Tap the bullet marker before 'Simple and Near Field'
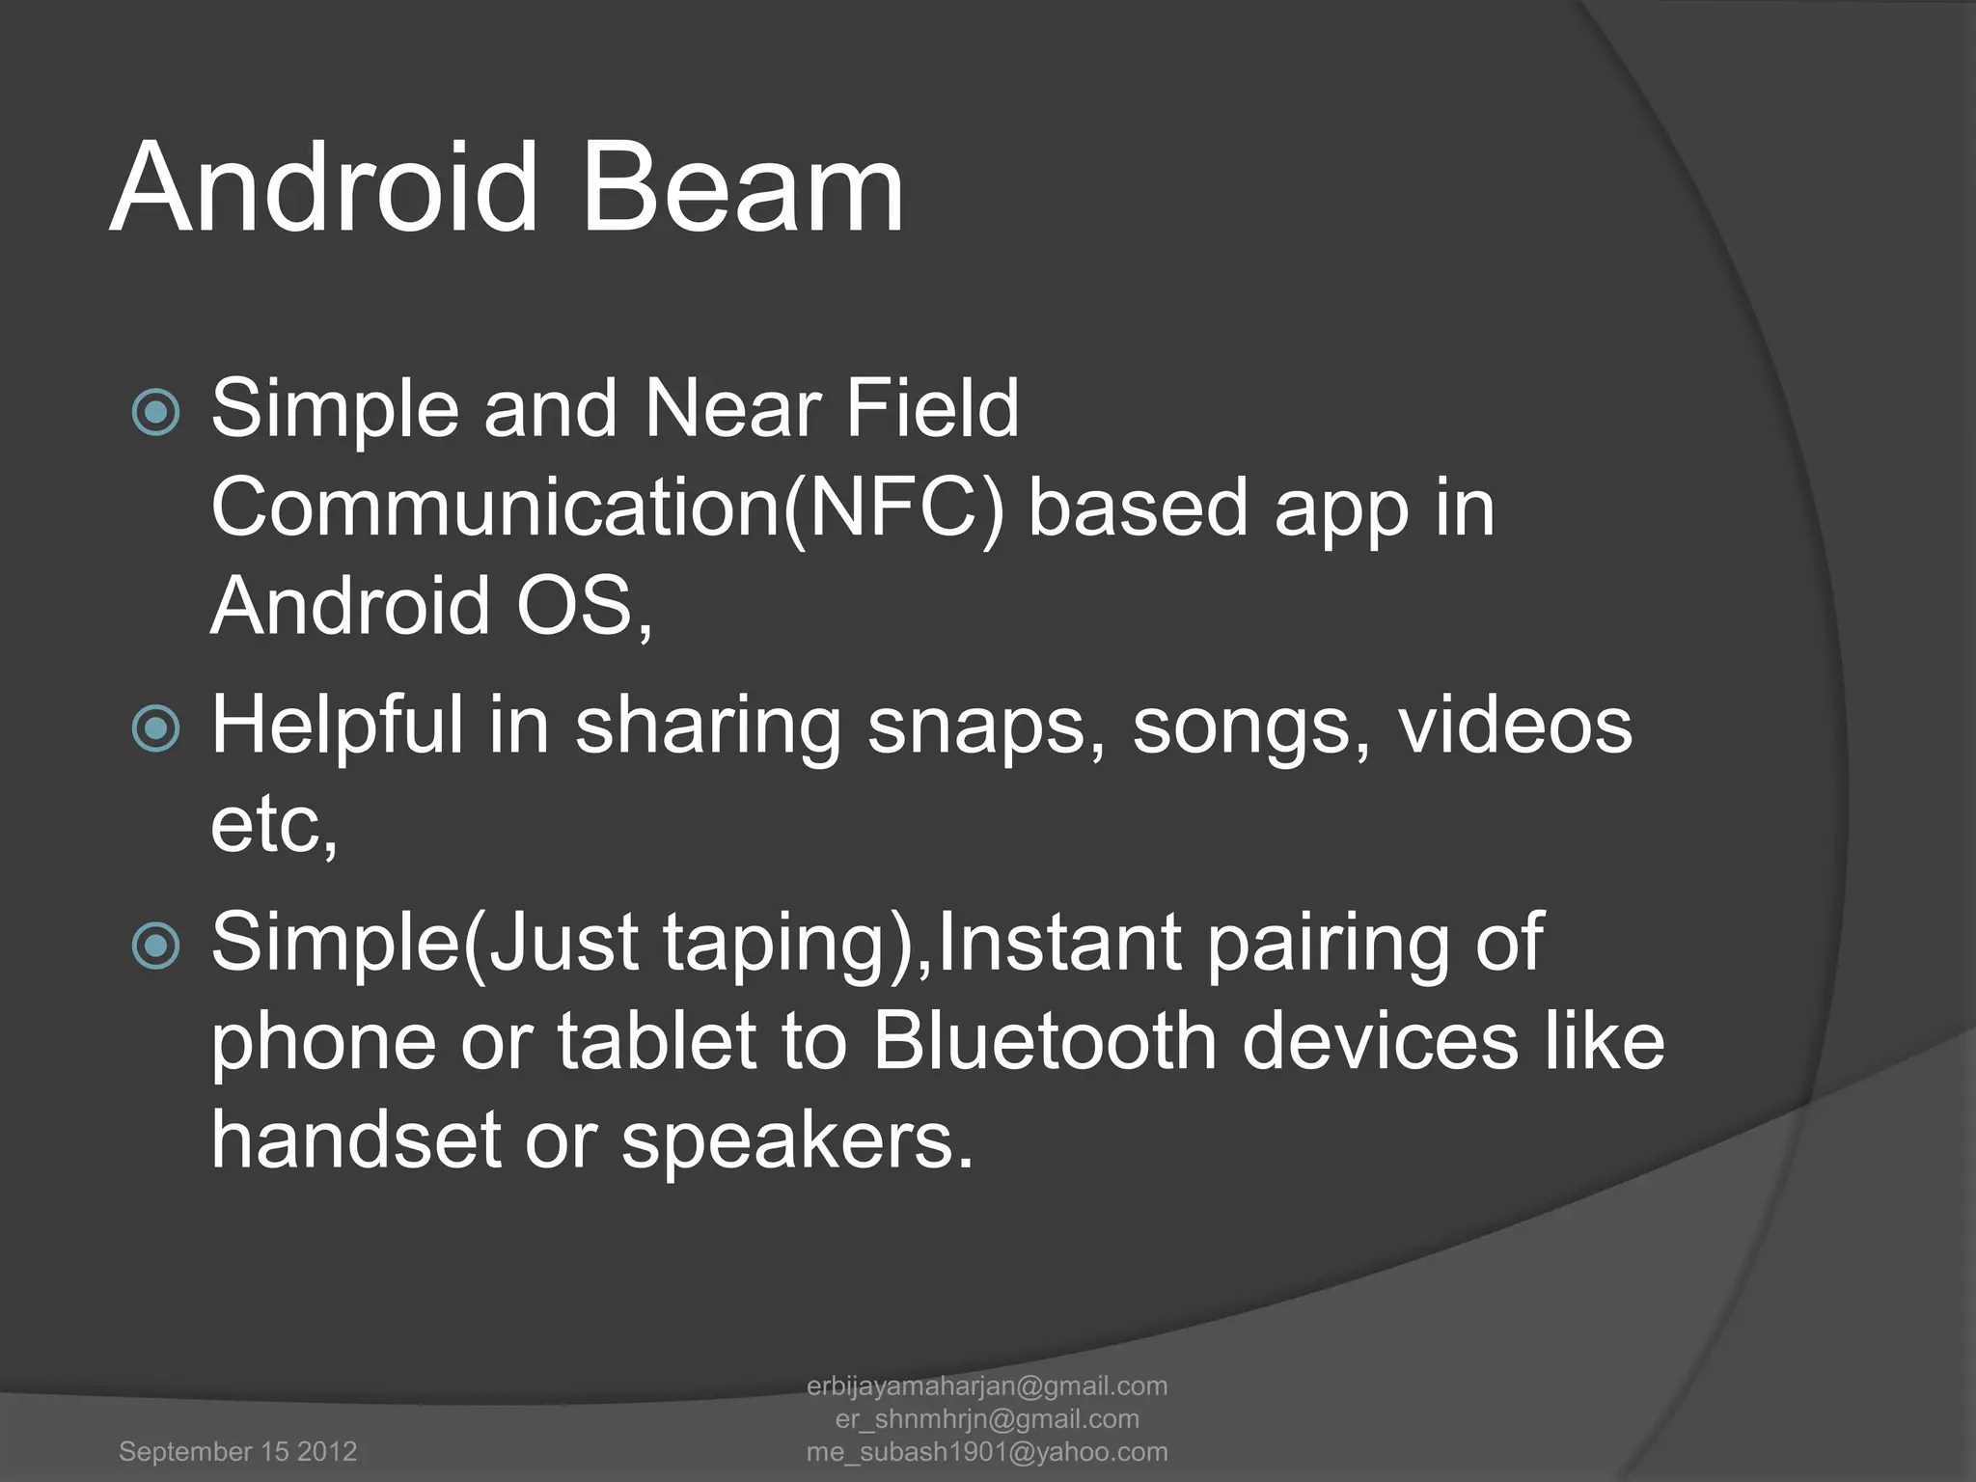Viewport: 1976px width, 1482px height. [x=155, y=413]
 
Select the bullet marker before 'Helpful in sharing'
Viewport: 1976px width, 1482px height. [x=155, y=728]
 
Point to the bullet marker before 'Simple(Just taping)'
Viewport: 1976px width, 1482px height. [x=155, y=946]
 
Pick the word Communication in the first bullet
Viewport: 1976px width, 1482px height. [x=495, y=508]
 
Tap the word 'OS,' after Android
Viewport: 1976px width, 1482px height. [x=584, y=608]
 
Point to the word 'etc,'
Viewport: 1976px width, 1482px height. [x=274, y=827]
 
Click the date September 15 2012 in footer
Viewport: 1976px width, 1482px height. [x=237, y=1451]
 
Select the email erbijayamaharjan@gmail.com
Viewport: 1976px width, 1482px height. [x=987, y=1386]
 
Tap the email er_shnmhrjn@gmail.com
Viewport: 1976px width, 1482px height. [x=987, y=1418]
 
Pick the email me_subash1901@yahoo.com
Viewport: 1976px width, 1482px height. [x=987, y=1451]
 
